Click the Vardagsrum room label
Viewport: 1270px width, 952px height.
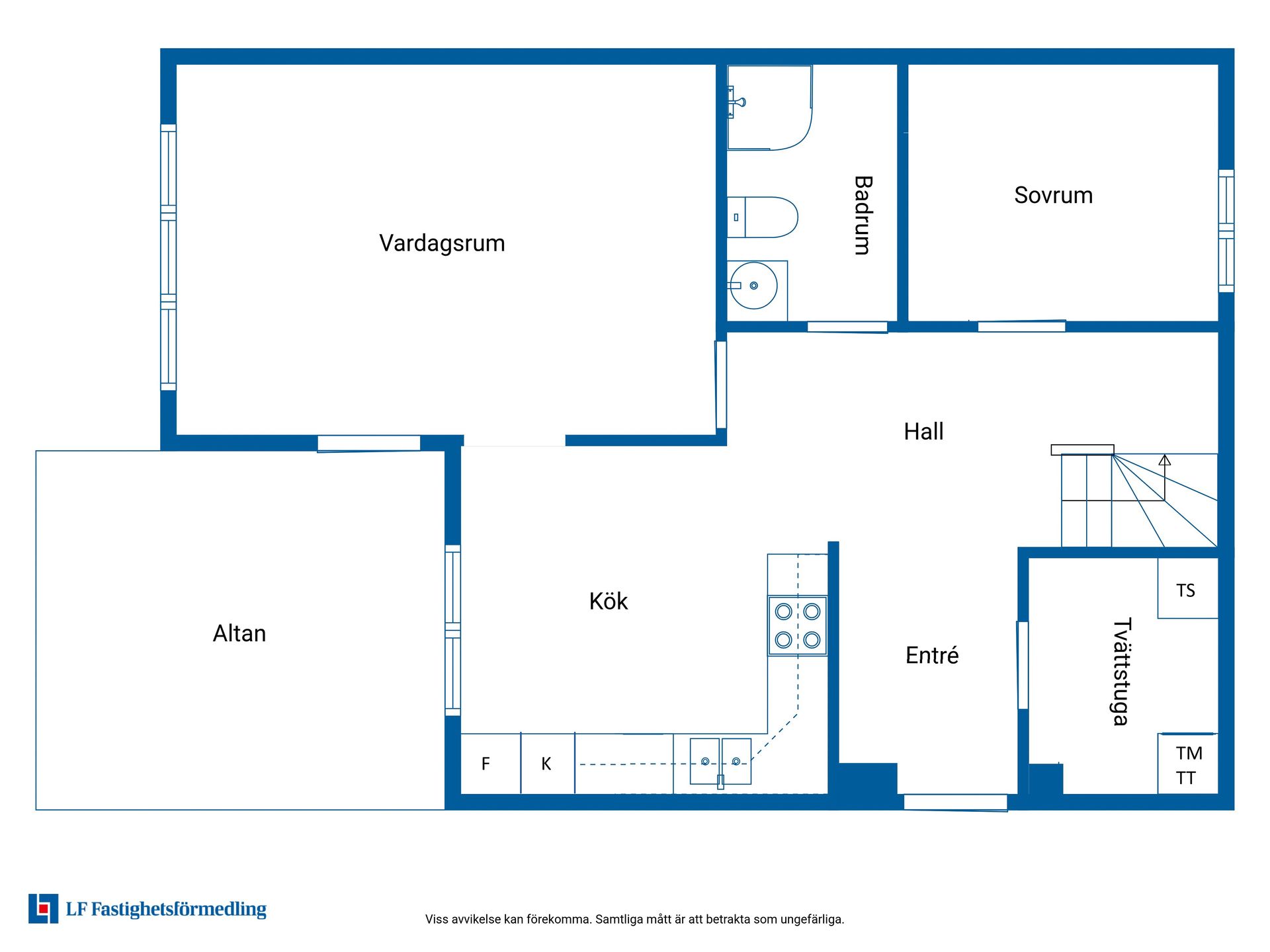click(442, 243)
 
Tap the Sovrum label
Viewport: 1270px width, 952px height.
click(1053, 195)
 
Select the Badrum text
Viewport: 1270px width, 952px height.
click(863, 216)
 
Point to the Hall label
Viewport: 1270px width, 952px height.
click(923, 431)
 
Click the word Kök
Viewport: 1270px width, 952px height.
click(608, 601)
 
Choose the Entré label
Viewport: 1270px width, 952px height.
click(931, 655)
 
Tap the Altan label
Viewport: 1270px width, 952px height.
click(239, 633)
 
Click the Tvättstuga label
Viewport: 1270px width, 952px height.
click(1121, 672)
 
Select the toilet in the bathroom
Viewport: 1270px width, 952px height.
click(762, 217)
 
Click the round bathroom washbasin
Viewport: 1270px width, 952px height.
click(753, 286)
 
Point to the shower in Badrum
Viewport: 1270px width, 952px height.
click(769, 107)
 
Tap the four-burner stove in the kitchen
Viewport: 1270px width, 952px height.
click(798, 625)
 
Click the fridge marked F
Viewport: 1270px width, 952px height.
click(490, 764)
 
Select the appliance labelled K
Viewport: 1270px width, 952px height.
click(548, 764)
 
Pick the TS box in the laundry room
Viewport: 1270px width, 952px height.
click(1187, 588)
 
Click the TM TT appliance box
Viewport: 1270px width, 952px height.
click(1187, 764)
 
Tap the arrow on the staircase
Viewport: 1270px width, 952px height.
click(1165, 477)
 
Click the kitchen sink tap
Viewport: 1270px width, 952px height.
click(720, 781)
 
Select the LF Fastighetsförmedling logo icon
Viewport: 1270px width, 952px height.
click(43, 908)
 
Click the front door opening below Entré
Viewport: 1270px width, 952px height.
click(955, 803)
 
